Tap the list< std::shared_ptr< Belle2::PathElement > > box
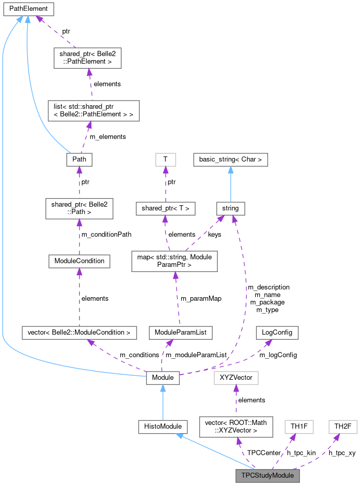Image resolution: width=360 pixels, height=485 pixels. pos(90,110)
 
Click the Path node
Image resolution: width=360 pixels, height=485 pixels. pos(79,160)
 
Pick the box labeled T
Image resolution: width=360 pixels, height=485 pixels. pos(165,160)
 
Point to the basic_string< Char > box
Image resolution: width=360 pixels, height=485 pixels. pos(231,160)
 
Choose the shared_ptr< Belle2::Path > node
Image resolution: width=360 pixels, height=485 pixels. pos(79,209)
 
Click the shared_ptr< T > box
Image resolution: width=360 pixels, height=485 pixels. pos(165,208)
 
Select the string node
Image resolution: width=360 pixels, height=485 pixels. pos(231,208)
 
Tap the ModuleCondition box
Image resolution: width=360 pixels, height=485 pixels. pos(79,261)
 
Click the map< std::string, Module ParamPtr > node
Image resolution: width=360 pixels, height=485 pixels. pos(175,261)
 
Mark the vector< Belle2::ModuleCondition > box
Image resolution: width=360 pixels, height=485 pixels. pos(79,332)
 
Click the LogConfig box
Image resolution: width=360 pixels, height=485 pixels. pos(277,332)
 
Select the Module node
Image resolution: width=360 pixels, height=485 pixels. pos(163,378)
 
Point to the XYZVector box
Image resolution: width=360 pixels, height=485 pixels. pos(236,378)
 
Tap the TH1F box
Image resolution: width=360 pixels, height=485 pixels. pos(298,426)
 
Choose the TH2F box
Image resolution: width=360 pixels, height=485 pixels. pos(342,426)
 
